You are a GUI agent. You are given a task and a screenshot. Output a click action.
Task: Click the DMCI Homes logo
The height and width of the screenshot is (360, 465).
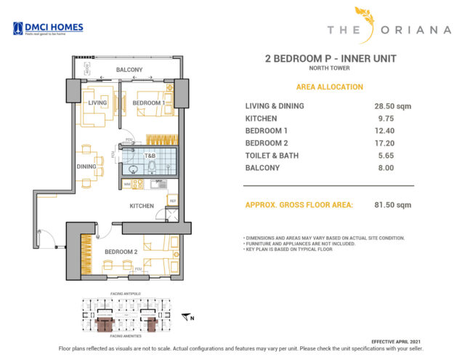[x=48, y=28]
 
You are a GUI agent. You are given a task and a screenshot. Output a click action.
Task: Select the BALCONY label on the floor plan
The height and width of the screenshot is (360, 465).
[x=130, y=70]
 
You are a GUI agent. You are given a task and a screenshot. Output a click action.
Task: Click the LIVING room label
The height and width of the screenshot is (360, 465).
[x=97, y=103]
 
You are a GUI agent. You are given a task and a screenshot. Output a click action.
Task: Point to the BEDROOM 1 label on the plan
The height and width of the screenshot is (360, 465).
[x=146, y=103]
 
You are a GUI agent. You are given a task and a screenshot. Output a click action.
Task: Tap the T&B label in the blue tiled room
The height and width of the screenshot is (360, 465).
[x=150, y=156]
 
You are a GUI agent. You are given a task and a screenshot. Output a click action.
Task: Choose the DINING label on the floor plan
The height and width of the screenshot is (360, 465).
[x=86, y=166]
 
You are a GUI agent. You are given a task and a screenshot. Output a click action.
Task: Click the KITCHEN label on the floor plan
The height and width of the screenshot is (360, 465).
[x=141, y=206]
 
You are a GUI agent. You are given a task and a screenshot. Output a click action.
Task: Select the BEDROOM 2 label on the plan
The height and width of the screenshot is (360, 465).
[x=121, y=252]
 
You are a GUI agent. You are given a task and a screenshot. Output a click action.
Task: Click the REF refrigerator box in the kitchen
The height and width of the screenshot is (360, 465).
[x=172, y=200]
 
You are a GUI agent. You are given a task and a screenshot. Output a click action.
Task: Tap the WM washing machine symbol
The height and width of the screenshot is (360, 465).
[x=127, y=185]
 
